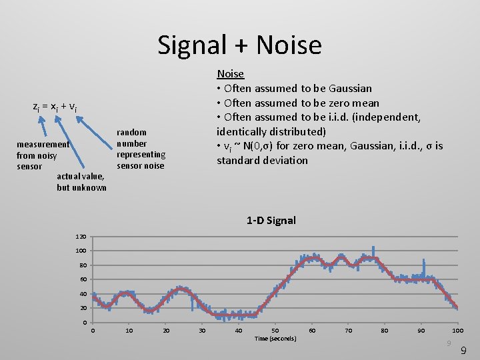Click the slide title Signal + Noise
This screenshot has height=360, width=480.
(239, 45)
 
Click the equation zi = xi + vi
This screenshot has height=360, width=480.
(55, 107)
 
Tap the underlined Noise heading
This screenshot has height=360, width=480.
(230, 74)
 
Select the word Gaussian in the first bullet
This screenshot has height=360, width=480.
(350, 89)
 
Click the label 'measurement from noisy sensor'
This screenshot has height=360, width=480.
(41, 155)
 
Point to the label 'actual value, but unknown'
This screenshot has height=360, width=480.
(81, 182)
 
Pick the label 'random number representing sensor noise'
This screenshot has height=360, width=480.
(141, 149)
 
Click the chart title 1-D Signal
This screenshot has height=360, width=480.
(271, 220)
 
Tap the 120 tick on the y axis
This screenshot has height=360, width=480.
(80, 237)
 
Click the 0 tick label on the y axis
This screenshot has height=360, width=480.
(84, 323)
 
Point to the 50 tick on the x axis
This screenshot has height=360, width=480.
(275, 331)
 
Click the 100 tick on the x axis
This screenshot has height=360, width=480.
(457, 331)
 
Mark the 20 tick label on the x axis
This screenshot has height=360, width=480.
(166, 331)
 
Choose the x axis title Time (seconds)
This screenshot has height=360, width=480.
(275, 339)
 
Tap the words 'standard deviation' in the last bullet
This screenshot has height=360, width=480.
(262, 161)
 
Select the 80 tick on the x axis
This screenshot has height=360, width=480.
(385, 331)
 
